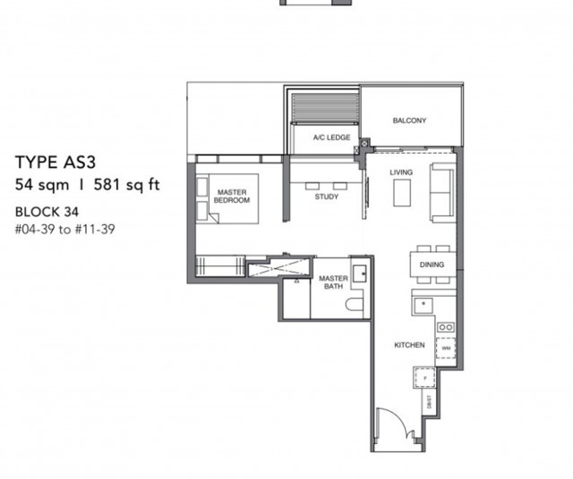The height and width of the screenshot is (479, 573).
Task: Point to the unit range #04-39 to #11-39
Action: pyautogui.click(x=65, y=229)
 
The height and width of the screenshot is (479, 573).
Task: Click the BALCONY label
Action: pyautogui.click(x=409, y=121)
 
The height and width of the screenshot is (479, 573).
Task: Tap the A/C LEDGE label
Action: pyautogui.click(x=330, y=138)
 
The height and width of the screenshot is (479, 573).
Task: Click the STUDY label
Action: pyautogui.click(x=326, y=197)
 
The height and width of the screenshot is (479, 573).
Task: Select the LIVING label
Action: pyautogui.click(x=400, y=172)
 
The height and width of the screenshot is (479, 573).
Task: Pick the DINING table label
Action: pyautogui.click(x=432, y=265)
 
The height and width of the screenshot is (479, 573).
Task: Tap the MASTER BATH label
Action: pyautogui.click(x=333, y=283)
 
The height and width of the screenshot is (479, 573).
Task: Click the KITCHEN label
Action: pyautogui.click(x=408, y=345)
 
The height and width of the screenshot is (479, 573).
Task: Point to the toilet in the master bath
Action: pyautogui.click(x=355, y=306)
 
